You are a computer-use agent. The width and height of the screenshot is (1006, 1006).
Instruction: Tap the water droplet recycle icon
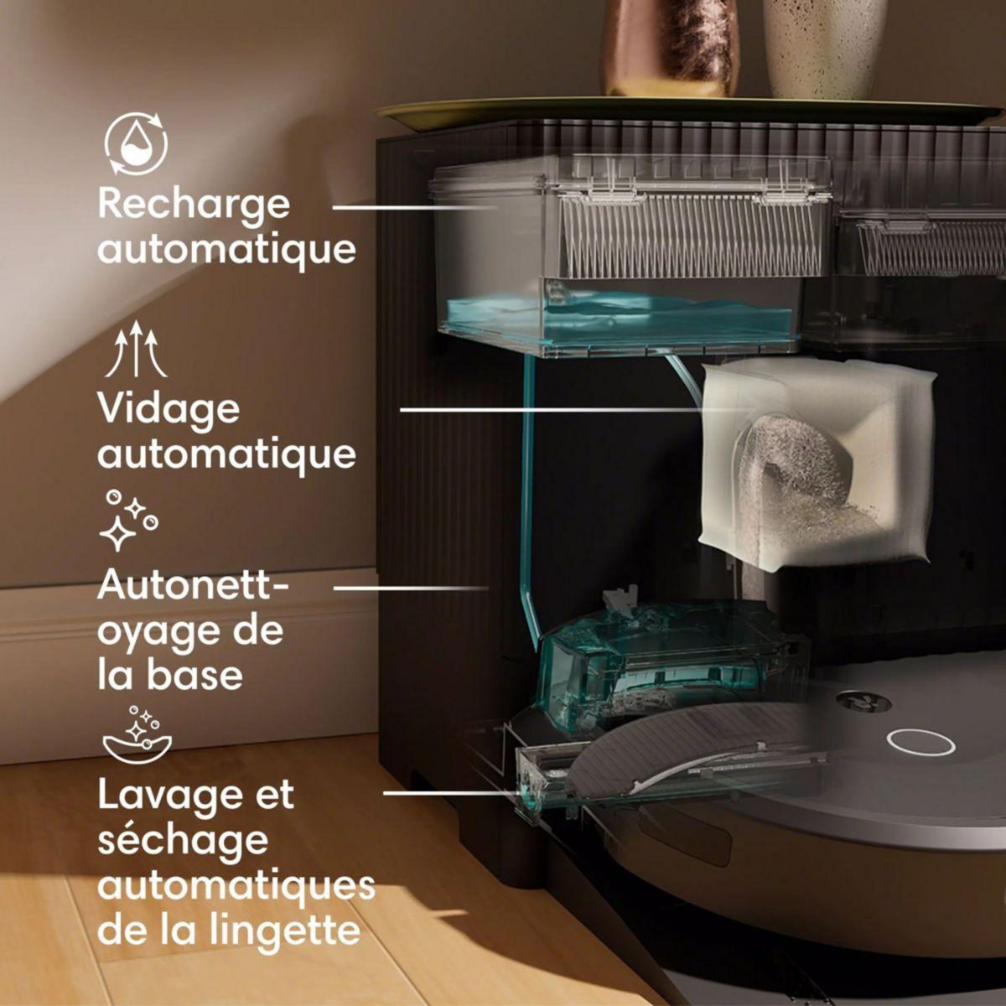pyautogui.click(x=136, y=146)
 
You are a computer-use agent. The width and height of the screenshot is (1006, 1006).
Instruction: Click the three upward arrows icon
pyautogui.click(x=135, y=352)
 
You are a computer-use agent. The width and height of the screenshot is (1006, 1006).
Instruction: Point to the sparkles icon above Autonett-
pyautogui.click(x=128, y=521)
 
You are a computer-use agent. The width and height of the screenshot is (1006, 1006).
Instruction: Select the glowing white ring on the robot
pyautogui.click(x=921, y=741)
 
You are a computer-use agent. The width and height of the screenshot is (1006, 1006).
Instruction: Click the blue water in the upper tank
pyautogui.click(x=620, y=319)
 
